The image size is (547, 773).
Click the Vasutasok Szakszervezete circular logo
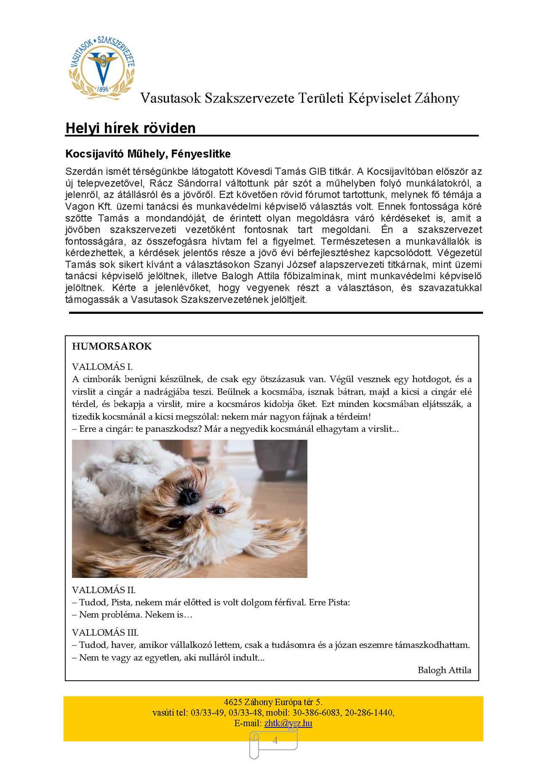(102, 67)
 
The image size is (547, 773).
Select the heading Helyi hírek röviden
(131, 128)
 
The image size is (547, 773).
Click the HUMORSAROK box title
(112, 346)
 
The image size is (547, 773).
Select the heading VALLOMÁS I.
(102, 367)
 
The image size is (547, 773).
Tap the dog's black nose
(189, 496)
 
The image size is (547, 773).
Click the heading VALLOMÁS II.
(104, 590)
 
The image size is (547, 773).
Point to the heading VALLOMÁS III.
(105, 633)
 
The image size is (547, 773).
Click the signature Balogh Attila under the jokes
(444, 670)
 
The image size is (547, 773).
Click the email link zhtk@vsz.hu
(288, 723)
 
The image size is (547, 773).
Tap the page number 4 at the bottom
(275, 740)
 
